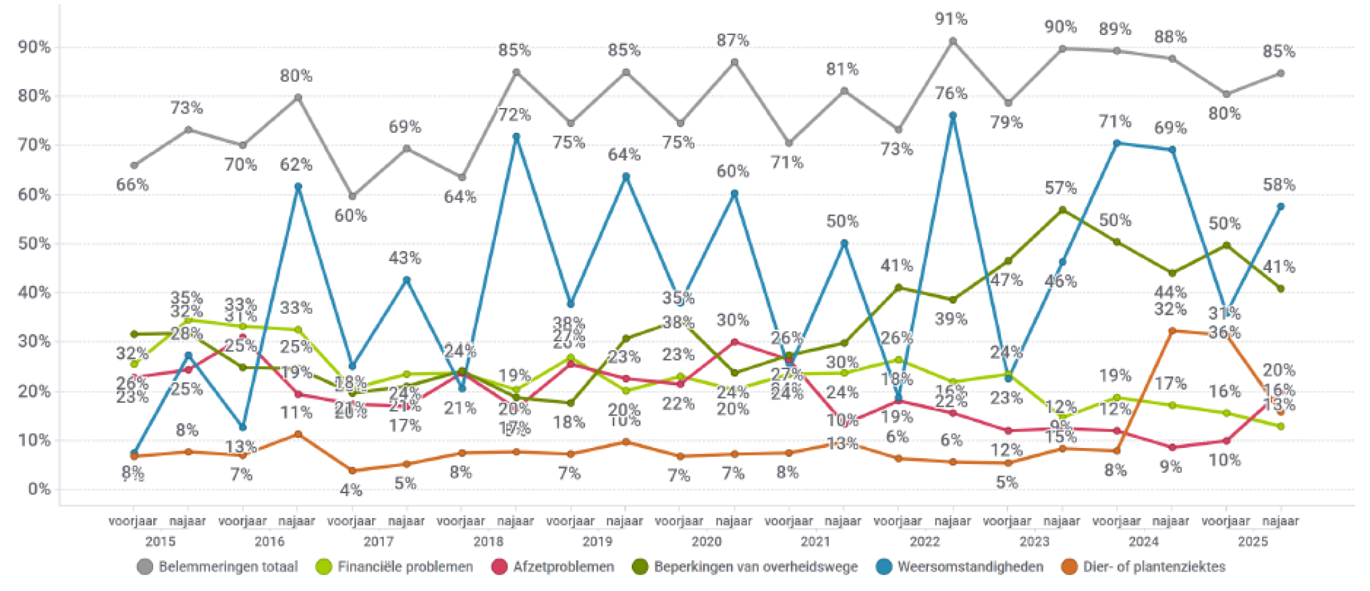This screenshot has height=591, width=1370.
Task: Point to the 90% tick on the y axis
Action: click(34, 47)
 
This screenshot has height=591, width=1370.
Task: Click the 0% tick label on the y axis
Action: click(39, 489)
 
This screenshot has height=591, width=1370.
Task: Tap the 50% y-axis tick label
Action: click(34, 244)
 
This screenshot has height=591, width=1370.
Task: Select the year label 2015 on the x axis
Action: click(160, 542)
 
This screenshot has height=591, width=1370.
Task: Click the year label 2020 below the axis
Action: click(707, 542)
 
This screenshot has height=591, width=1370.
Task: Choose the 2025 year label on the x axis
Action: click(1253, 542)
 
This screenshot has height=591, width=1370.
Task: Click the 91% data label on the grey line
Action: click(952, 20)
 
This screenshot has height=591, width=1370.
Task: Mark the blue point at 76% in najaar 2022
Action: click(953, 116)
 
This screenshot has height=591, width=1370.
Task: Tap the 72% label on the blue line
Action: click(514, 115)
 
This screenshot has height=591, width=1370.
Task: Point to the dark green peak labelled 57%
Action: click(1062, 210)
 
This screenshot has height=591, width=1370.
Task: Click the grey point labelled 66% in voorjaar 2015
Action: click(134, 165)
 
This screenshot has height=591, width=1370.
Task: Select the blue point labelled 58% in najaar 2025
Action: click(1280, 206)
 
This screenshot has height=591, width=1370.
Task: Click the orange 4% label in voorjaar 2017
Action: click(351, 490)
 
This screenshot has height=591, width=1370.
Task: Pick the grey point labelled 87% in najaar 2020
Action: click(734, 63)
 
